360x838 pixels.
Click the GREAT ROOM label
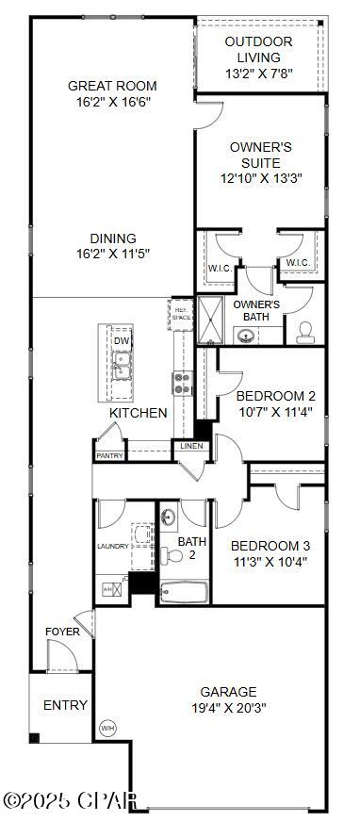(110, 86)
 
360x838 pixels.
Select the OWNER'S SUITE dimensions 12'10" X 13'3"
(261, 177)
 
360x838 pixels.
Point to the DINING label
(113, 238)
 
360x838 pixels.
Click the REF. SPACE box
(180, 312)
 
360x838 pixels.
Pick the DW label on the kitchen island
(122, 340)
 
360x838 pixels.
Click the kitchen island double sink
(122, 366)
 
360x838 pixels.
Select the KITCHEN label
(139, 413)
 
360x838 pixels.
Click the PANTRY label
(109, 455)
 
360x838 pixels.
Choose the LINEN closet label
(191, 446)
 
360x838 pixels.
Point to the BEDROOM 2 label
(275, 395)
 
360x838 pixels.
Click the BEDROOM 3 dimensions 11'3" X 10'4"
(270, 562)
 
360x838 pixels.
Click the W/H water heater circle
(107, 728)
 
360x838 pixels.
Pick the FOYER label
(62, 632)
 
